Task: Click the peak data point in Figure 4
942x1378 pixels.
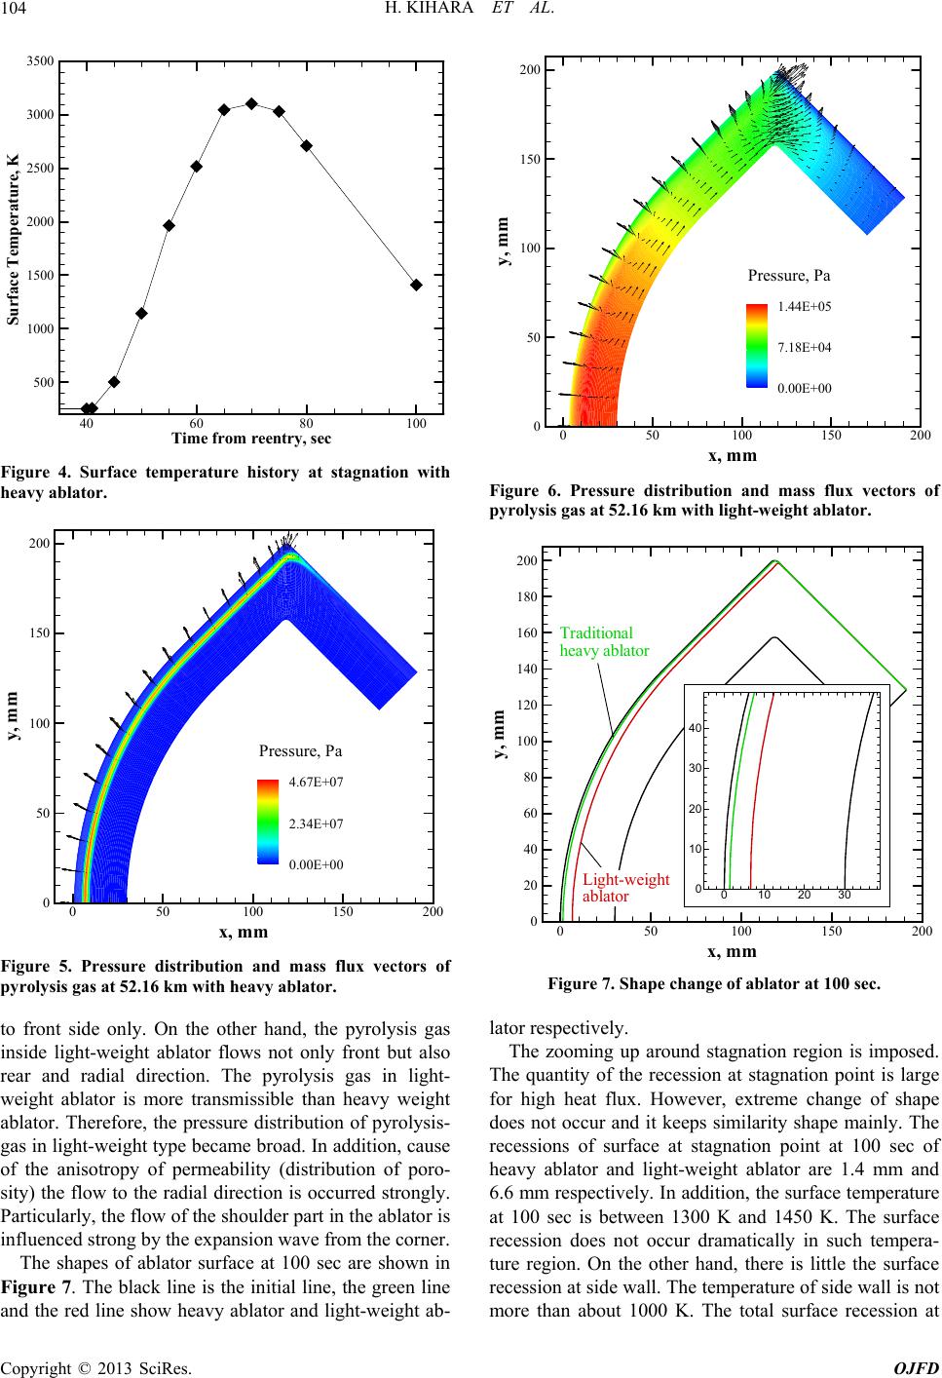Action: pos(251,103)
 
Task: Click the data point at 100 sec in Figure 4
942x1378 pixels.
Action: pos(416,285)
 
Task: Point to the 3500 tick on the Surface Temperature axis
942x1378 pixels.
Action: pos(41,61)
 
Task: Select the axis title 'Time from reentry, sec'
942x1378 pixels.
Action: pos(251,439)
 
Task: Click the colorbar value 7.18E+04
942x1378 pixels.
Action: pos(804,347)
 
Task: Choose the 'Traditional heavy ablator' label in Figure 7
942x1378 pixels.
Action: pos(604,641)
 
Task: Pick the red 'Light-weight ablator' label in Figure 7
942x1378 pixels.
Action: pos(625,888)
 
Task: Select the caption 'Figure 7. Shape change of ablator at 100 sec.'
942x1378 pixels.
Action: pos(714,984)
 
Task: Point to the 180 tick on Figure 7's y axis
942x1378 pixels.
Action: pos(526,596)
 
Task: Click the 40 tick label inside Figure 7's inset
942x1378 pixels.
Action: pos(696,728)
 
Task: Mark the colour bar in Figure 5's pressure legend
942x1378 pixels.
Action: pos(268,822)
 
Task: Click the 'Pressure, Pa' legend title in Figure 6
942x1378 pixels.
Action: pos(789,276)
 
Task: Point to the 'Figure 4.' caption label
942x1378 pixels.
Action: pos(33,473)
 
